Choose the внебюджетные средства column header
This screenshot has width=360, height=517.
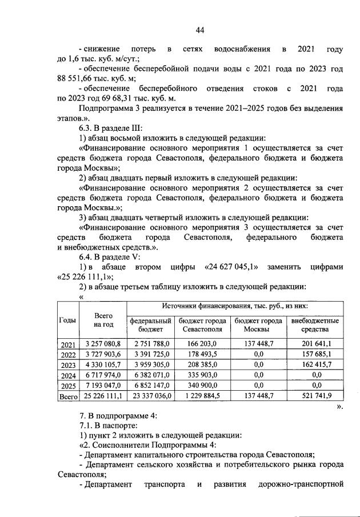(x=315, y=325)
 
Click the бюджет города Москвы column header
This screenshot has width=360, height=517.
(x=258, y=325)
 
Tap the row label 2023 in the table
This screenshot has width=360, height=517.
(x=67, y=364)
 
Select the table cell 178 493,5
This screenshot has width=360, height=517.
(x=202, y=354)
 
